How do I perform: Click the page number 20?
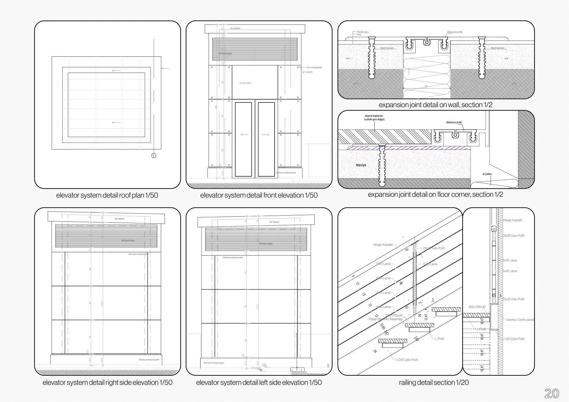tap(551, 393)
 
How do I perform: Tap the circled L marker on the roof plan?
tap(154, 156)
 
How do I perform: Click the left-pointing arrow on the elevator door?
tap(244, 135)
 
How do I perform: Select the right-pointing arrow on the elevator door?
tap(266, 135)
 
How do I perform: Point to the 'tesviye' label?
tap(361, 165)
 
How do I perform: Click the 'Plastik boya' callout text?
tap(363, 32)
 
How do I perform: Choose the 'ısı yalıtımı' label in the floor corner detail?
tap(487, 174)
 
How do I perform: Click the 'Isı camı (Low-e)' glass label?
tap(246, 83)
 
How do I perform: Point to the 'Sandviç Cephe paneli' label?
tap(520, 320)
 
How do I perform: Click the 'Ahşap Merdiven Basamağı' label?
tap(385, 319)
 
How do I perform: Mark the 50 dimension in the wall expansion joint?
tap(426, 87)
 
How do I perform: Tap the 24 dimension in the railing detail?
tap(375, 351)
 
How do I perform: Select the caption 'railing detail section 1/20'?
tap(434, 383)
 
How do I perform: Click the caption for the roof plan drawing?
tap(107, 195)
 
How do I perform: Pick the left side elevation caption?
tap(259, 383)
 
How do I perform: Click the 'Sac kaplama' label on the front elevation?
tap(235, 28)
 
